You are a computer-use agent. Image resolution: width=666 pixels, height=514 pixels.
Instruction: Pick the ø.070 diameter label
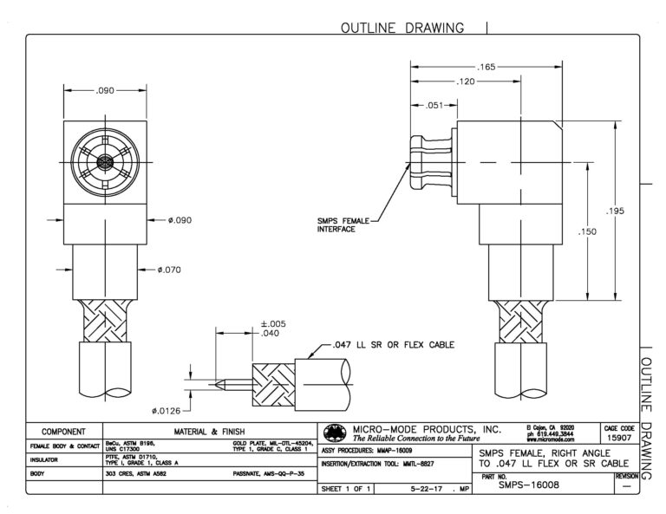[x=170, y=270]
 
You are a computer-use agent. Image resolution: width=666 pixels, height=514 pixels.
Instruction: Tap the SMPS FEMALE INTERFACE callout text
[x=344, y=224]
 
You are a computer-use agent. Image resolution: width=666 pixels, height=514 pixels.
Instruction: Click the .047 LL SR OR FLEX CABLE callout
[x=392, y=344]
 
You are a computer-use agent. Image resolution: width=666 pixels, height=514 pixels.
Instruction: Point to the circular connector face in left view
[x=104, y=162]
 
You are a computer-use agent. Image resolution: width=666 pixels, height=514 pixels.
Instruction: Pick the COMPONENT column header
[x=63, y=431]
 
